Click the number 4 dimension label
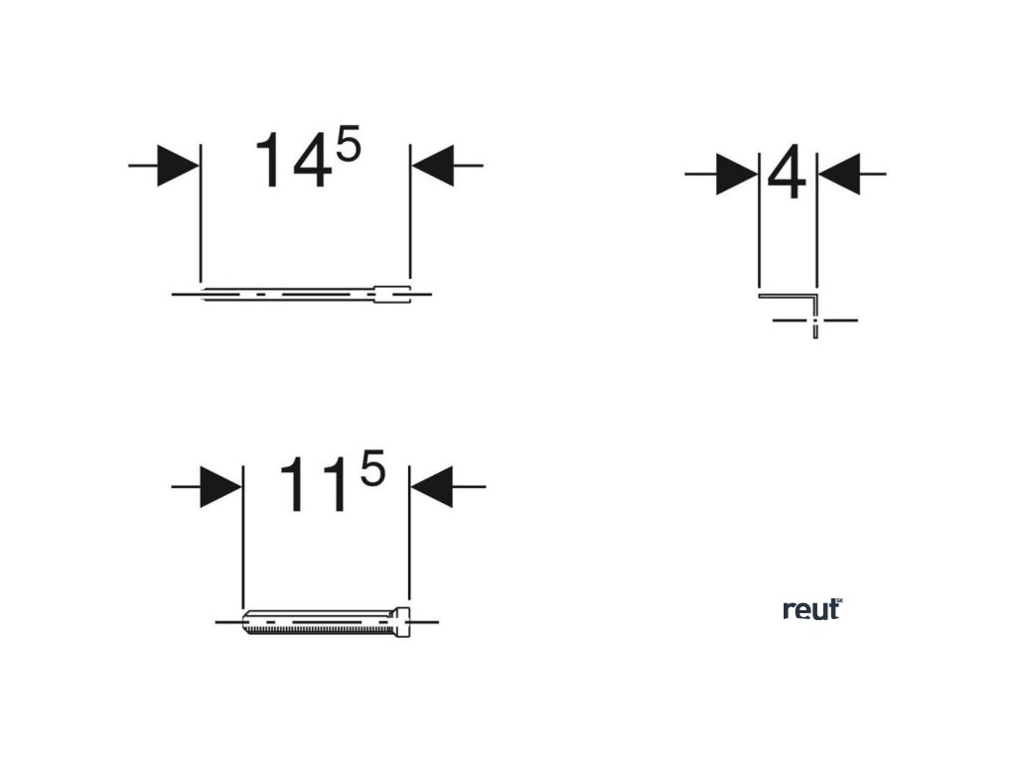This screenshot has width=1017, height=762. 788,176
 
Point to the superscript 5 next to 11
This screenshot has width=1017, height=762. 371,471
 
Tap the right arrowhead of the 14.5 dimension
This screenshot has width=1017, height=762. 432,166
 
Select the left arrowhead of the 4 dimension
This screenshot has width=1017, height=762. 736,175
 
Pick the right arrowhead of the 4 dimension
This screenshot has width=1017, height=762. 838,175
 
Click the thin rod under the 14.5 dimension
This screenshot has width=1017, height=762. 288,294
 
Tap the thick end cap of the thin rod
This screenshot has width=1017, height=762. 391,294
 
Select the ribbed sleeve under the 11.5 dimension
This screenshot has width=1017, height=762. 318,622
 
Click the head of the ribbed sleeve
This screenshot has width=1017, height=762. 403,622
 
